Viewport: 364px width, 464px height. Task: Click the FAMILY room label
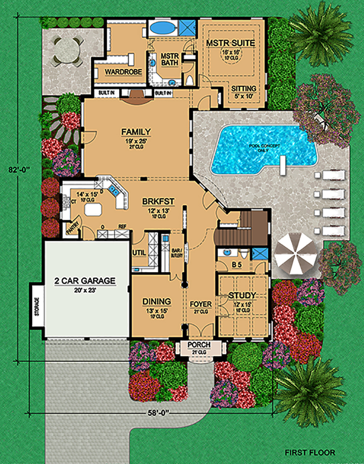click(x=136, y=132)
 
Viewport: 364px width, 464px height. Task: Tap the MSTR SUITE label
click(x=230, y=43)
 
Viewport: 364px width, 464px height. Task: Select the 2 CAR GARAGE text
click(x=85, y=281)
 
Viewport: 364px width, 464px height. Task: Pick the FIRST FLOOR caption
click(x=310, y=452)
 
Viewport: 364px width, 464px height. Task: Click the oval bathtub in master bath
click(x=162, y=27)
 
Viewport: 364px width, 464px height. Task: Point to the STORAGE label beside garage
click(x=37, y=306)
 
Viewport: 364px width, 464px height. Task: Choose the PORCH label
click(x=199, y=345)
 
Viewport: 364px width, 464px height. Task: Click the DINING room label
click(x=157, y=302)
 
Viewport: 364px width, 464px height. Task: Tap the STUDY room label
click(x=242, y=295)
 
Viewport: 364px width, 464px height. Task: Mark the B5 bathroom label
click(x=237, y=265)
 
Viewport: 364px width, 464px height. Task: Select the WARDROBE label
click(x=123, y=72)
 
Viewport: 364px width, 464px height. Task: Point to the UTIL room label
click(x=139, y=253)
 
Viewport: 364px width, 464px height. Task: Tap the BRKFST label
click(x=158, y=201)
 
